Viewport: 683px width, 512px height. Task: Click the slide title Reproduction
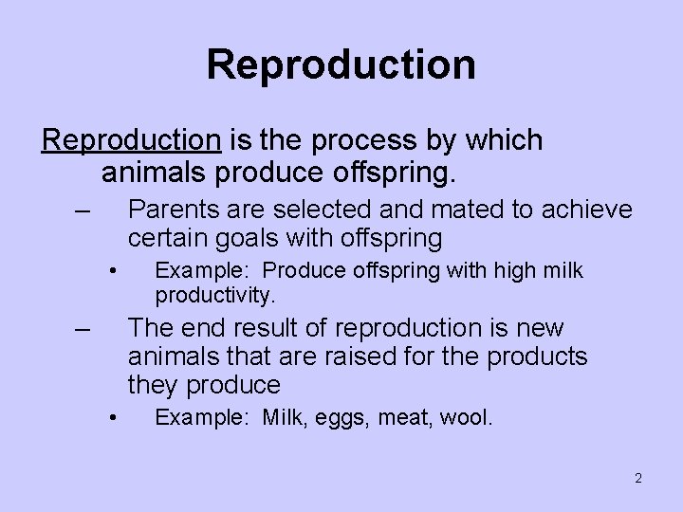pyautogui.click(x=341, y=64)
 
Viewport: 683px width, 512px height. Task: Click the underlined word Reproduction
pyautogui.click(x=131, y=140)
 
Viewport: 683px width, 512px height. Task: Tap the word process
pyautogui.click(x=358, y=141)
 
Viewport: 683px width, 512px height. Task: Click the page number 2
pyautogui.click(x=638, y=477)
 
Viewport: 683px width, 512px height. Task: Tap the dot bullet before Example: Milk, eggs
pyautogui.click(x=112, y=417)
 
